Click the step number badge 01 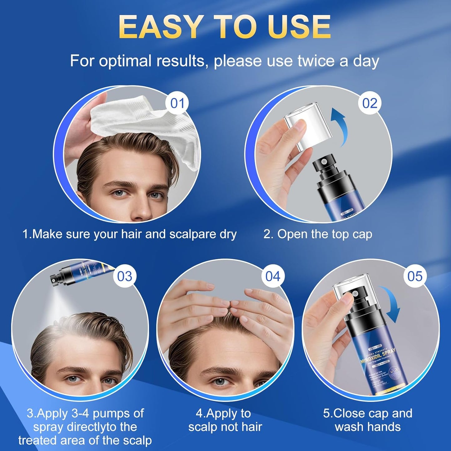177,103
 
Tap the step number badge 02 370,103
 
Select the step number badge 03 125,276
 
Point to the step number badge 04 273,276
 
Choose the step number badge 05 415,276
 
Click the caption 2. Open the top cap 318,234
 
